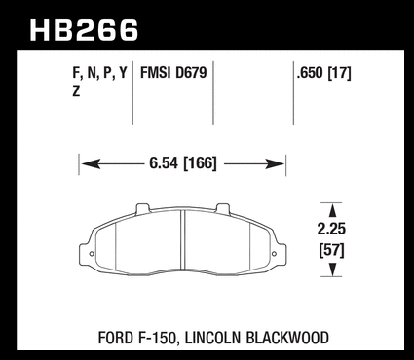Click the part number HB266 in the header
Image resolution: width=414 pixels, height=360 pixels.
[x=84, y=30]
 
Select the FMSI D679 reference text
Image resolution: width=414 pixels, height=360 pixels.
[x=173, y=73]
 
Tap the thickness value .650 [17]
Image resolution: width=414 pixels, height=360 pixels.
[x=323, y=73]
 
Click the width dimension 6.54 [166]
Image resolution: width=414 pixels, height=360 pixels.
[x=182, y=163]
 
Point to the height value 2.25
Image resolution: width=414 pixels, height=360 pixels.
[x=331, y=229]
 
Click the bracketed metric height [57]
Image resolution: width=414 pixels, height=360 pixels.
[x=331, y=250]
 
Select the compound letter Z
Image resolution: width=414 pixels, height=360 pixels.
[x=76, y=91]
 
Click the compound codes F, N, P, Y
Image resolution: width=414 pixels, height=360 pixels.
[x=99, y=74]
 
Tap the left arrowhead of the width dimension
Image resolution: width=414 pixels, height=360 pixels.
[x=91, y=164]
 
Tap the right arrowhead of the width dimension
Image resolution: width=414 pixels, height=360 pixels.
[x=275, y=164]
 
